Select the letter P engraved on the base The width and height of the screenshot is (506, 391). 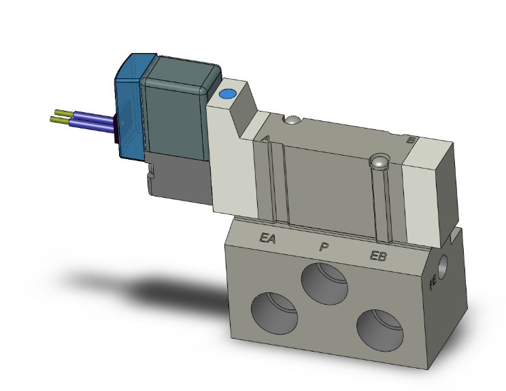(x=324, y=246)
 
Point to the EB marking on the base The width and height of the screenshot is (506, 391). (x=378, y=256)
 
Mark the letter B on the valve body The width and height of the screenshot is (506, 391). (x=409, y=140)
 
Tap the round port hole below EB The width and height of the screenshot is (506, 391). (x=377, y=329)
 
